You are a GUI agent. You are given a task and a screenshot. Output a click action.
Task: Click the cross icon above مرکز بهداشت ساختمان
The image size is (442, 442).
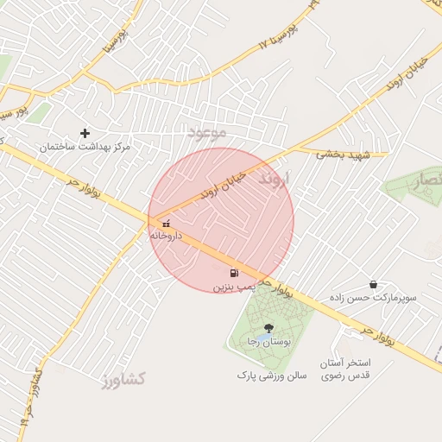[x=85, y=133]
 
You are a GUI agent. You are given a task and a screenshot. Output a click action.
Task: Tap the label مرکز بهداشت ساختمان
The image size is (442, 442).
[x=85, y=148]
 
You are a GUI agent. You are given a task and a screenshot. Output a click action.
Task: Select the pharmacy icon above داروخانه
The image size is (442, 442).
[x=166, y=224]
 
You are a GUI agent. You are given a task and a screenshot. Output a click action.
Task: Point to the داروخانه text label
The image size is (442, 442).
[x=165, y=235]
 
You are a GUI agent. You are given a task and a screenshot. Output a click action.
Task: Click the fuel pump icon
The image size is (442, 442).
[x=234, y=274]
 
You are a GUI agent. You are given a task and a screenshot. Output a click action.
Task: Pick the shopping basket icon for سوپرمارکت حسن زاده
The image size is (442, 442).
[x=372, y=284]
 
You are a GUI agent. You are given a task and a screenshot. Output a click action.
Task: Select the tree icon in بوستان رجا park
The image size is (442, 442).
[x=268, y=327]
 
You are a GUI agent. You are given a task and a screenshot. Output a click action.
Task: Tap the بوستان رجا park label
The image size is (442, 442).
[x=265, y=343]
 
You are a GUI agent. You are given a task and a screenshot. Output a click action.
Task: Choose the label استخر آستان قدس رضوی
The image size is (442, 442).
[x=345, y=369]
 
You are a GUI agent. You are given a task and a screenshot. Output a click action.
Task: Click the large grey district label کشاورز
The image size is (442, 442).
[x=123, y=378]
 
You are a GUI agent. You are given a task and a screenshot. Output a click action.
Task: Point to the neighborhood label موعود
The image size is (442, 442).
[x=207, y=132]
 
